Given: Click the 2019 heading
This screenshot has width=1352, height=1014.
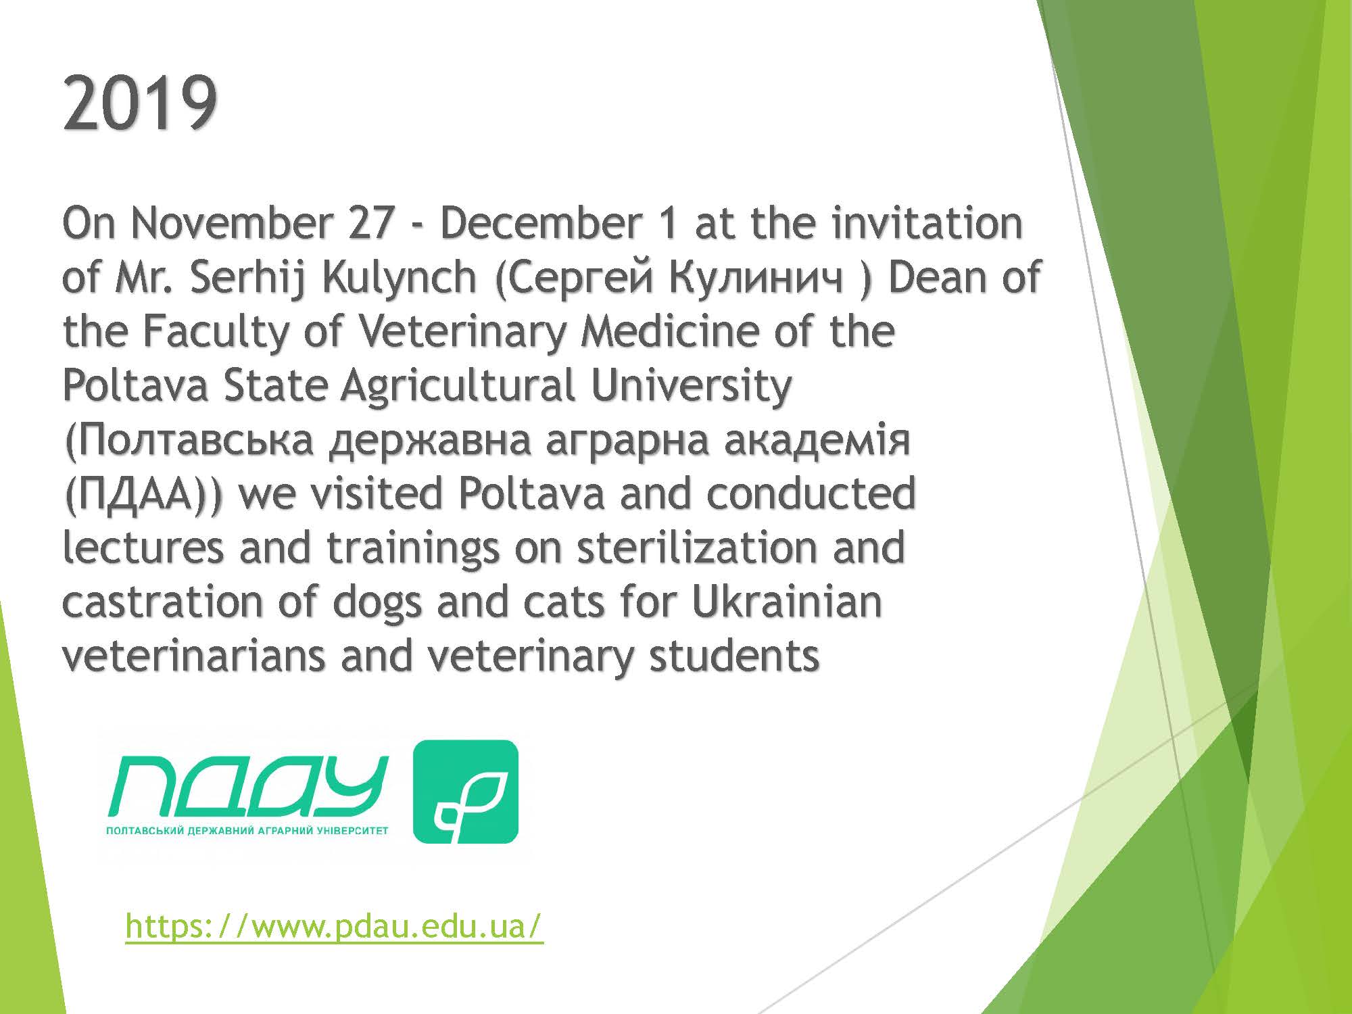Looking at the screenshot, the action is pyautogui.click(x=140, y=104).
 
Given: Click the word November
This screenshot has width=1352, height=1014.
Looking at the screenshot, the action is pyautogui.click(x=231, y=224).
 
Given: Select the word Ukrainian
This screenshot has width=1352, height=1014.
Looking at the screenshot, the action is pyautogui.click(x=787, y=602).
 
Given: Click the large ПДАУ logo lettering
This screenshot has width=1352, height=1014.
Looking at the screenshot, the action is pyautogui.click(x=248, y=786).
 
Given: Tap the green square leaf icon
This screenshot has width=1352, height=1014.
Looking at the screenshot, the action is pyautogui.click(x=465, y=792).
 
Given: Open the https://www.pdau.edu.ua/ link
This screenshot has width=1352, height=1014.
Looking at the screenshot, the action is pyautogui.click(x=334, y=927).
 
